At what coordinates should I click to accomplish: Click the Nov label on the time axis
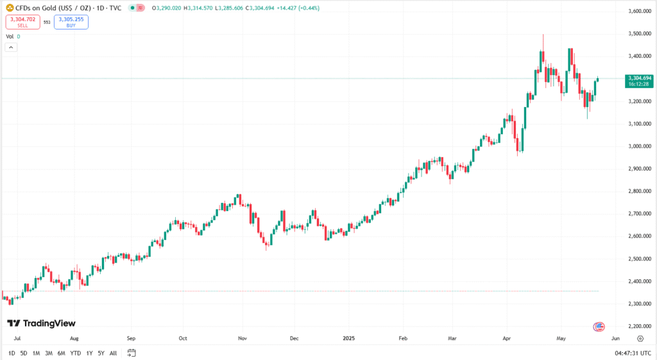242,338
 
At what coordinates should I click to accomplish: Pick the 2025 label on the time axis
349,338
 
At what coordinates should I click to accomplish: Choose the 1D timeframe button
12,353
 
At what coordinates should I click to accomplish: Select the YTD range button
75,353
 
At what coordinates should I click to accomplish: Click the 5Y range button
101,353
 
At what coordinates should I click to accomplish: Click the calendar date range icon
132,353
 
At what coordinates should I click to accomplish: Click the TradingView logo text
41,323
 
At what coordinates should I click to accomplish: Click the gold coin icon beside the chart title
10,8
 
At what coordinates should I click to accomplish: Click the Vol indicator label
10,37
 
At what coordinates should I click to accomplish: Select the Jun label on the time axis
615,338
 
